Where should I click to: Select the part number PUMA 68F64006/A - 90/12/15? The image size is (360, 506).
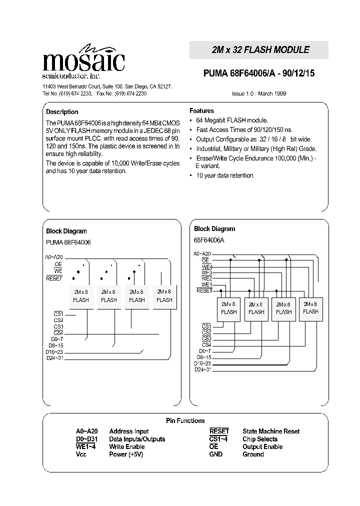point(258,73)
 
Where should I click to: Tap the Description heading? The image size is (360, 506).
point(62,112)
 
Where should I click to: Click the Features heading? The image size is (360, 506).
point(201,110)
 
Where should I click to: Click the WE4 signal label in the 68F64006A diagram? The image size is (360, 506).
point(206,266)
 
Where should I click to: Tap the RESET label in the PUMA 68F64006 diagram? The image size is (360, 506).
point(54,278)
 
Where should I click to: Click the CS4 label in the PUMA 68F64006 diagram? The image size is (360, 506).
point(58,332)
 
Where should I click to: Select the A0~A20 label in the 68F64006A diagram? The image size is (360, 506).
point(202,254)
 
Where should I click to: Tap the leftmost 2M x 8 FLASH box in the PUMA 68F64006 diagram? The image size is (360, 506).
point(80,296)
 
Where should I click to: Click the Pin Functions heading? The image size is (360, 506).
point(185,420)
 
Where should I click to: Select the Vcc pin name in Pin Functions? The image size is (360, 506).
point(81,454)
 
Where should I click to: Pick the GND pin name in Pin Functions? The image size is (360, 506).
point(216,454)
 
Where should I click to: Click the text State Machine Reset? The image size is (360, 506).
point(271,431)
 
